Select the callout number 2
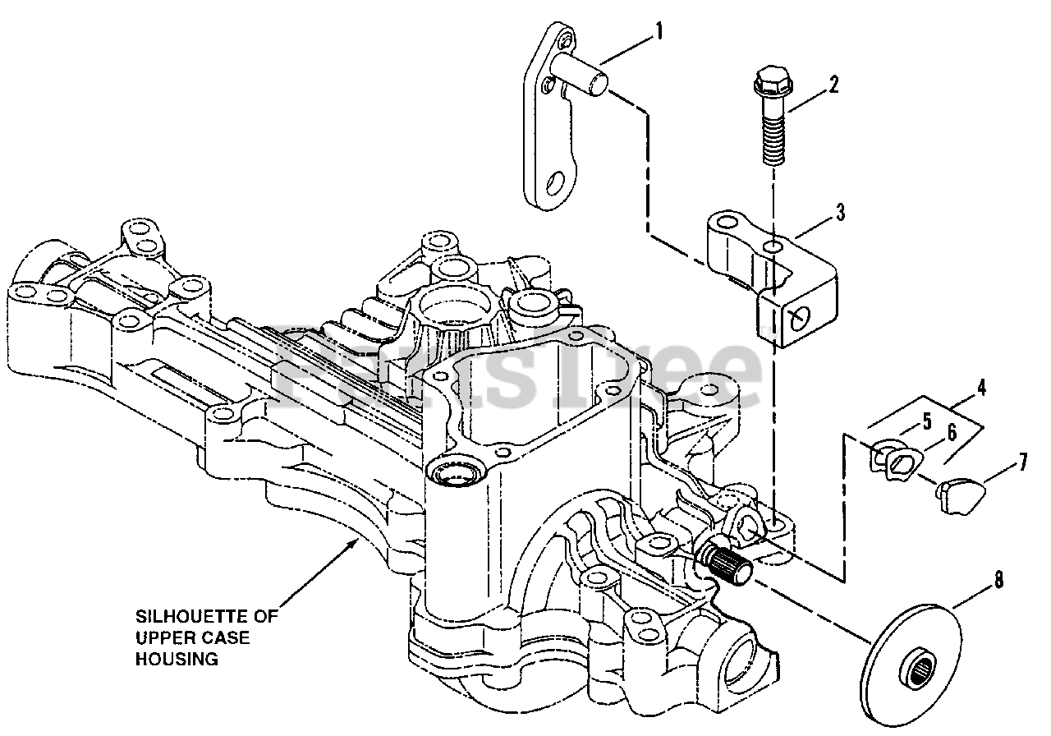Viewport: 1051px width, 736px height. [833, 84]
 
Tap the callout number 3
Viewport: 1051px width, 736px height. [840, 214]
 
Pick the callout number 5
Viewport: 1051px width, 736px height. [927, 423]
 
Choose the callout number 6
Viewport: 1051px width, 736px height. [952, 430]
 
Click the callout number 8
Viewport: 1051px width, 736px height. [998, 580]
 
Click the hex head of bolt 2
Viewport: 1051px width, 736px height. [767, 83]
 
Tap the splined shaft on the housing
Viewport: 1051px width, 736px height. [729, 563]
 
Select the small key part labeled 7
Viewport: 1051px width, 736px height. [961, 493]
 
